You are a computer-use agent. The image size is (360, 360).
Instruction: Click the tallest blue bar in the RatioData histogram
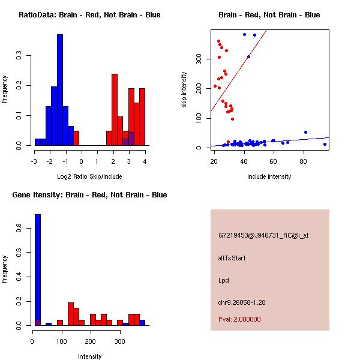coord(60,90)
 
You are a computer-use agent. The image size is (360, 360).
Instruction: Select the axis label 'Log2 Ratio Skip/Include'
coord(89,176)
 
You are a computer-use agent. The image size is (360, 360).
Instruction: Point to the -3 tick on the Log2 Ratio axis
coord(34,161)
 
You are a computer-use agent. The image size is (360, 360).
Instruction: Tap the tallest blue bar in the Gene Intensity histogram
coord(38,270)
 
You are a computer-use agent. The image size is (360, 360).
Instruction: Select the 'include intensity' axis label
coord(270,176)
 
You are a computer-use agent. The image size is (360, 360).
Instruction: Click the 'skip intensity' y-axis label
coord(184,90)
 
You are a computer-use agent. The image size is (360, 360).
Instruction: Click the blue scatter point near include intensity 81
coord(305,132)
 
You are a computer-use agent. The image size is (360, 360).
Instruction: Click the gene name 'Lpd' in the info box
coord(224,280)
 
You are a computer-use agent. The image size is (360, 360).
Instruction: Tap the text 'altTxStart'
coord(232,258)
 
